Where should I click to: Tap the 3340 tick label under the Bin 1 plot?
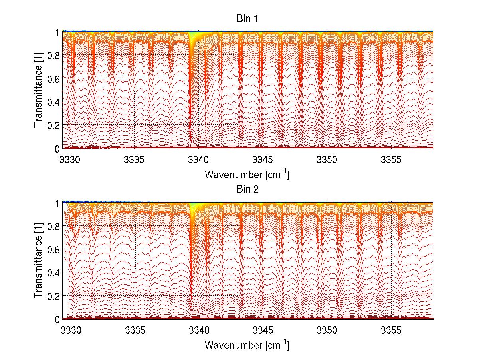(x=198, y=160)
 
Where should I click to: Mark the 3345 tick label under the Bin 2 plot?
(x=263, y=331)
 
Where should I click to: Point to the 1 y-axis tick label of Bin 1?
(x=57, y=32)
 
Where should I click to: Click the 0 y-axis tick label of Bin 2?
(x=57, y=320)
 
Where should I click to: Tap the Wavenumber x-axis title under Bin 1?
(x=247, y=175)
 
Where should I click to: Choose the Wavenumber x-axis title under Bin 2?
(x=247, y=345)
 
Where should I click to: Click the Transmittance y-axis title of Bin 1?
(x=38, y=90)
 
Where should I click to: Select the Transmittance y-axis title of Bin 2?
(x=38, y=261)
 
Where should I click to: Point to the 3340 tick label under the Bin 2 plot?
(x=198, y=331)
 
